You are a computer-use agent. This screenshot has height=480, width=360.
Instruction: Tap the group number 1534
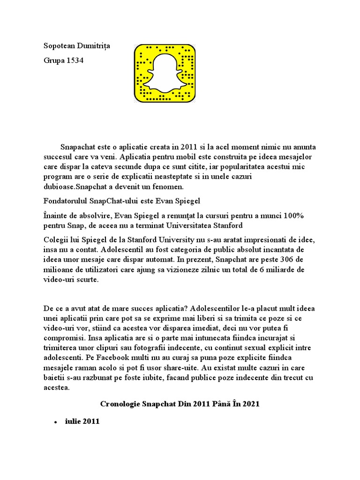(75, 61)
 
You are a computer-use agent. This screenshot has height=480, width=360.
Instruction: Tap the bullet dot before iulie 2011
(55, 422)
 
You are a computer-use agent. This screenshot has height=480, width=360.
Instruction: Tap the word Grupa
(53, 61)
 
